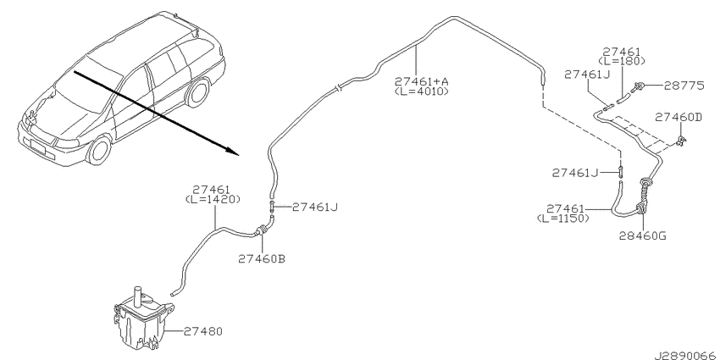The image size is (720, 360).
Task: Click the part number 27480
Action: [203, 330]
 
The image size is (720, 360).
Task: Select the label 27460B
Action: [262, 259]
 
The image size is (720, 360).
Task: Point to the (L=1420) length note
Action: [213, 200]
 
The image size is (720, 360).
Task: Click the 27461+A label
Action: [422, 81]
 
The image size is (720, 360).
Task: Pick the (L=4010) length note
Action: [422, 91]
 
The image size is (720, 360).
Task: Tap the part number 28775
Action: [684, 86]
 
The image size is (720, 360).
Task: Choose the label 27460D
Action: [678, 117]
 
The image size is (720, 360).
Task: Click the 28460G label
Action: [642, 236]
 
